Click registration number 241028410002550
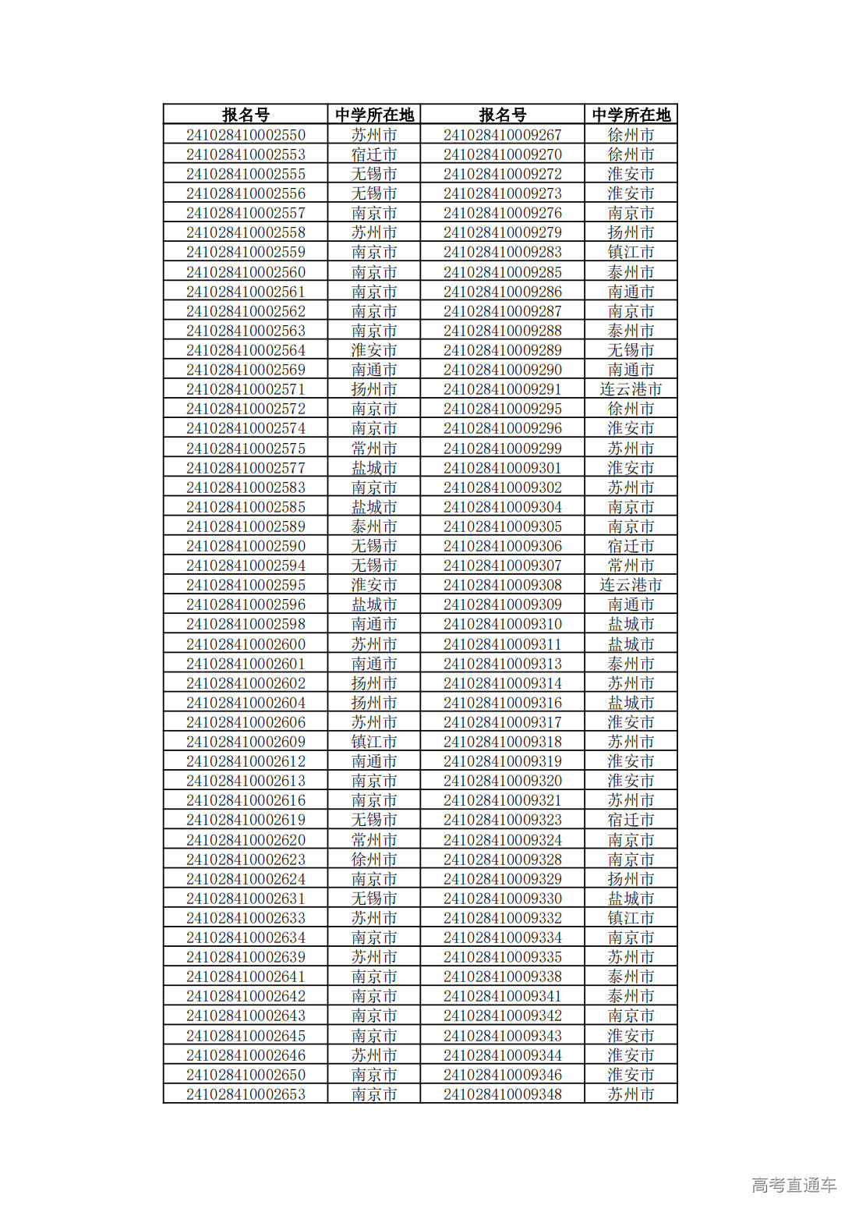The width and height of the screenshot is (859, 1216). click(246, 135)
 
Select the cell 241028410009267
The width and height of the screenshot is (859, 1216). click(502, 135)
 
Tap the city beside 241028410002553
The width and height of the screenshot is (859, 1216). click(374, 154)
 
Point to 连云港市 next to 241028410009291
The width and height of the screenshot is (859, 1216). click(631, 389)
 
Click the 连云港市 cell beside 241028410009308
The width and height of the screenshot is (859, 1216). click(631, 585)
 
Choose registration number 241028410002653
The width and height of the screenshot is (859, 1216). click(246, 1094)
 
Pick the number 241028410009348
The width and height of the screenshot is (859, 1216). click(502, 1094)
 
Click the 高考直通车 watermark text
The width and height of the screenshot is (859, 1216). click(794, 1185)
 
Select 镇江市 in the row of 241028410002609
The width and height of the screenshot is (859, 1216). click(374, 742)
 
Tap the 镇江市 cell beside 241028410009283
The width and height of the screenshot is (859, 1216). click(631, 252)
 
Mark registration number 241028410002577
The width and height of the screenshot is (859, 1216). click(246, 468)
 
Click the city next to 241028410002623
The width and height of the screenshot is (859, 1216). click(374, 860)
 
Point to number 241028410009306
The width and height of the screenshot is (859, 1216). click(502, 546)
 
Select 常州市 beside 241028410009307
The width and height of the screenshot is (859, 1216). click(631, 565)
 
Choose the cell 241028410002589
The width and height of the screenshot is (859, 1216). click(246, 526)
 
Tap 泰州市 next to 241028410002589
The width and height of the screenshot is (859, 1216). click(374, 526)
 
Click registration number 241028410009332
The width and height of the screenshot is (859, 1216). click(502, 918)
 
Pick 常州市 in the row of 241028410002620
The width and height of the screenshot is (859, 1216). click(374, 840)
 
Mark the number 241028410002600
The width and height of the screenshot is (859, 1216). click(246, 644)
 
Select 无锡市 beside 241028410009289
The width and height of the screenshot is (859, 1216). click(631, 350)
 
